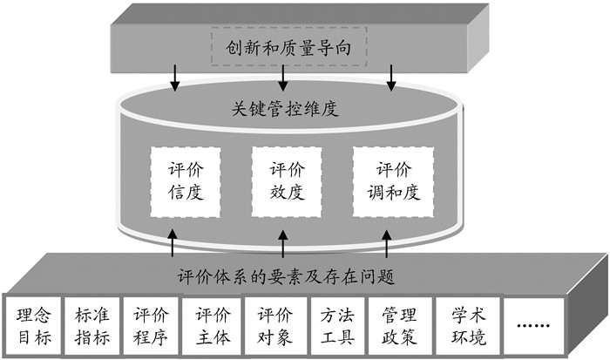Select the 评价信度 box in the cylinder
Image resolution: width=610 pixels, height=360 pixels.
tap(185, 182)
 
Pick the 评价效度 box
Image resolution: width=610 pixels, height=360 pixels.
tap(286, 182)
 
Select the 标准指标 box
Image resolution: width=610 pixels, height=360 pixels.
tap(92, 324)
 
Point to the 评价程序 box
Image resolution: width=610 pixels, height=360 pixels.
tap(152, 324)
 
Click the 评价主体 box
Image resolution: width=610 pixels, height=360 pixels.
tap(212, 324)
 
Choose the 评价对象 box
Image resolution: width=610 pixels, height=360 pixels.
tap(274, 324)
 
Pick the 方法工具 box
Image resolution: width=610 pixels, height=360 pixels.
tap(335, 324)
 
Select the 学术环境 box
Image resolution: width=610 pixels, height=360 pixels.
tap(462, 324)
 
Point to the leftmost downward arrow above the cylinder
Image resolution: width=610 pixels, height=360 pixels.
tap(174, 78)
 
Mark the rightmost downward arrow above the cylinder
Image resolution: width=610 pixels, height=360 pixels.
tap(391, 78)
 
